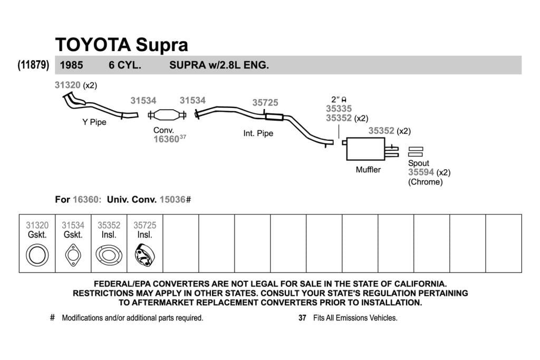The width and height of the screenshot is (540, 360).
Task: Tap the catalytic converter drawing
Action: click(x=167, y=115)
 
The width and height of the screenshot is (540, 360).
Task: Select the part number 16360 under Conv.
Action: click(x=166, y=139)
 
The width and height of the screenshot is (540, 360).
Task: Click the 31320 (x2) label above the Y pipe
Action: click(x=76, y=85)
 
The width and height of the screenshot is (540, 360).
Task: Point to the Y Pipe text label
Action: click(x=94, y=122)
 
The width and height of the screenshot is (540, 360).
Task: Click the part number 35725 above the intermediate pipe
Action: click(x=265, y=103)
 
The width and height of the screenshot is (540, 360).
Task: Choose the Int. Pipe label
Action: click(x=258, y=133)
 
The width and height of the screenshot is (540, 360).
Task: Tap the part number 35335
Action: click(x=339, y=109)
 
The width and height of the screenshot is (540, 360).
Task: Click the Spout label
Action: click(x=418, y=163)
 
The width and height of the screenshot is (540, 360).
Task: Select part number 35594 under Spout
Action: click(x=421, y=172)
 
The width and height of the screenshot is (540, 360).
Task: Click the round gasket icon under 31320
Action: click(x=37, y=255)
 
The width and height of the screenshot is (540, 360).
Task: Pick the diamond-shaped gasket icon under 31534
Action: click(x=73, y=255)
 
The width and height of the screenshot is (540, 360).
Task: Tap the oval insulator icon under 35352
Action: click(x=109, y=255)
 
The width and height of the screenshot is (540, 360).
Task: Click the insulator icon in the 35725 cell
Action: click(x=144, y=255)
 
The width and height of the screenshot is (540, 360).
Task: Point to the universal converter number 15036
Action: click(x=172, y=200)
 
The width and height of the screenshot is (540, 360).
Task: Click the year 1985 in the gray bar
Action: click(x=71, y=65)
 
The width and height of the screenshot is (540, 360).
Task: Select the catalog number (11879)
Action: click(x=33, y=65)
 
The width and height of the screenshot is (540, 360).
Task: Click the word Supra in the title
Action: click(x=161, y=45)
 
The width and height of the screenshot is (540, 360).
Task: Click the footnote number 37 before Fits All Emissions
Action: click(x=302, y=318)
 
